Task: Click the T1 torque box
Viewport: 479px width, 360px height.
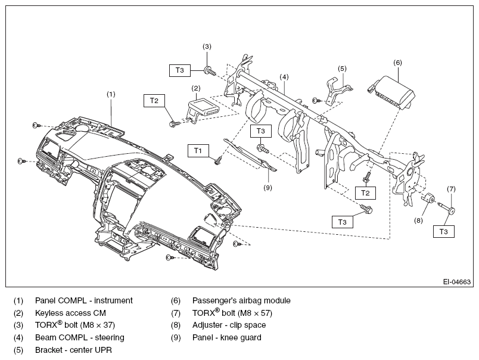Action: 198,151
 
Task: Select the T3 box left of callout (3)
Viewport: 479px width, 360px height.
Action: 180,70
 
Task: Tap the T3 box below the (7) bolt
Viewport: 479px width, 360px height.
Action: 444,231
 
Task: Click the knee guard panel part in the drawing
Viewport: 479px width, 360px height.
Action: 250,154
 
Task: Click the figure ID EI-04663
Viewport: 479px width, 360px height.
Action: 457,281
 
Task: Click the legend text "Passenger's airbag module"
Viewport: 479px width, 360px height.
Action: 241,301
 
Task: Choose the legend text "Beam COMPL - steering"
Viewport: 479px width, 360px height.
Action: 80,338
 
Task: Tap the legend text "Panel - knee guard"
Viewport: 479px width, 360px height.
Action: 226,338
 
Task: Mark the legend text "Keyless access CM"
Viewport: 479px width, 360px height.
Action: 70,314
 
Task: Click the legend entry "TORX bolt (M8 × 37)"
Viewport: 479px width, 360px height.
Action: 75,325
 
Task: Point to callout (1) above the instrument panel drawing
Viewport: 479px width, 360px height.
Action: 111,94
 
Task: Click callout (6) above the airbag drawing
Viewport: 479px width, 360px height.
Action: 397,63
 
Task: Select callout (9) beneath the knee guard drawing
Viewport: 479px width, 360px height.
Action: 268,188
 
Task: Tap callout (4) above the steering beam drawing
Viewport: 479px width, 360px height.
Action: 284,77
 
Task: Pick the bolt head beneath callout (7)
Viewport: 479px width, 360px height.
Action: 452,211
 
